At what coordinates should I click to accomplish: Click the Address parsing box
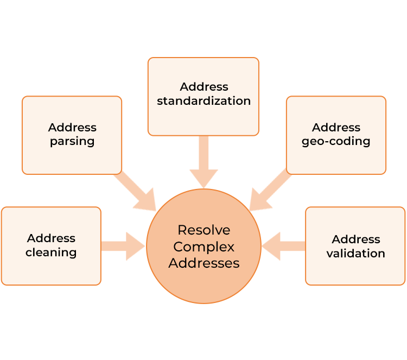pos(72,135)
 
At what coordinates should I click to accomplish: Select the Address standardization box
pos(203,96)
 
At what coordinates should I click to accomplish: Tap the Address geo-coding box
pos(336,135)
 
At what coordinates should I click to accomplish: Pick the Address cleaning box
pos(51,246)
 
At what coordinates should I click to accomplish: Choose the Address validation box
pos(355,246)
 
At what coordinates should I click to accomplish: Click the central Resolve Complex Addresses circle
pos(203,246)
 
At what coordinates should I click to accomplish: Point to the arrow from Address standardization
pos(203,162)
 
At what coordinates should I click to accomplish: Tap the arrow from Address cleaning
pos(123,246)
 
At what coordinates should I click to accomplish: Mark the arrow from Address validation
pos(283,246)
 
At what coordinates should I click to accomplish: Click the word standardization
pos(203,101)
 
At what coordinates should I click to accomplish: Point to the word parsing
pos(72,142)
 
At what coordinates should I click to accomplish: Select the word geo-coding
pos(336,142)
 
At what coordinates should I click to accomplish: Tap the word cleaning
pos(51,252)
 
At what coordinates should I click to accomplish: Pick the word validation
pos(355,254)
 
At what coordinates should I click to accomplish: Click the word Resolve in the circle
pos(203,230)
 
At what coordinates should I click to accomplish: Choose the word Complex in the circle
pos(203,247)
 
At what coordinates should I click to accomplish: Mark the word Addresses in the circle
pos(203,263)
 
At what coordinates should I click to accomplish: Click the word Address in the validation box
pos(356,239)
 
